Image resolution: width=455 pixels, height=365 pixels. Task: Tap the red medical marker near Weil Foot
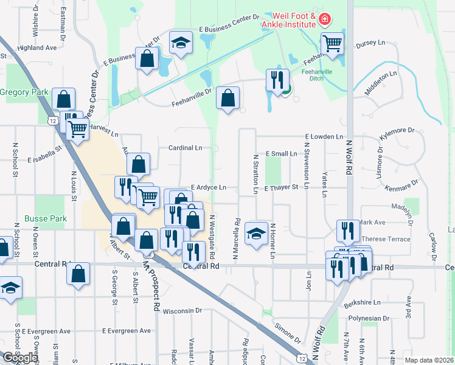pyautogui.click(x=325, y=20)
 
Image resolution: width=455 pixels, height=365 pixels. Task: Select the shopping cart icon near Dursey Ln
pyautogui.click(x=333, y=44)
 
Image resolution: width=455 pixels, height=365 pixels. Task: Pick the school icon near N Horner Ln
pyautogui.click(x=256, y=233)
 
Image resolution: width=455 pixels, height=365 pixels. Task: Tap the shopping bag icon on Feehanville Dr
pyautogui.click(x=227, y=97)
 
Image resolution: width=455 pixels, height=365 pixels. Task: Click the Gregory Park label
pyautogui.click(x=24, y=92)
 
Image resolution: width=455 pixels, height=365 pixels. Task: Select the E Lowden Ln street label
pyautogui.click(x=324, y=137)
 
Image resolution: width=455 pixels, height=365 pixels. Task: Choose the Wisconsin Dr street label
pyautogui.click(x=182, y=310)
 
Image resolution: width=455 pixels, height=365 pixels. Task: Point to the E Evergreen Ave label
pyautogui.click(x=127, y=331)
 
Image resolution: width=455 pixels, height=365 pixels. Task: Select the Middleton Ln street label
pyautogui.click(x=380, y=82)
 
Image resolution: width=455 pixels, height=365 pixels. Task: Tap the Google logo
pyautogui.click(x=20, y=358)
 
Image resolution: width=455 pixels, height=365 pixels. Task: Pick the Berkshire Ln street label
pyautogui.click(x=361, y=302)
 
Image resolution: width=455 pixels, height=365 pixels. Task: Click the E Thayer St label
pyautogui.click(x=281, y=188)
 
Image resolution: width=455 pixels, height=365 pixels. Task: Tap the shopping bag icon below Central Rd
pyautogui.click(x=79, y=274)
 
